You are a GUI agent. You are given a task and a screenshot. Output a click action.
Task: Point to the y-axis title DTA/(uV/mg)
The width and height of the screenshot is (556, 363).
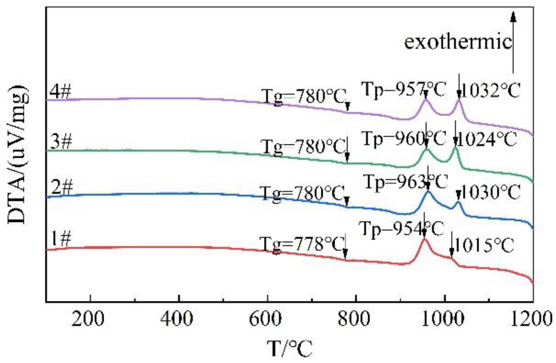click(17, 155)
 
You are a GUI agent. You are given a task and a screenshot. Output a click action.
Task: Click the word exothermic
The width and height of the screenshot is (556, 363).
click(458, 42)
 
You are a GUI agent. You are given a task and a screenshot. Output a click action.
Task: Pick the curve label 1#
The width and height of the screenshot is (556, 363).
click(61, 239)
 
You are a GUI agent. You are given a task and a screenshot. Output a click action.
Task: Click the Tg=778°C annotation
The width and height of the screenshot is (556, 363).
click(302, 245)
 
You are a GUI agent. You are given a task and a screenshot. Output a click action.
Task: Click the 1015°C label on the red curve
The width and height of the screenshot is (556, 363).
click(484, 246)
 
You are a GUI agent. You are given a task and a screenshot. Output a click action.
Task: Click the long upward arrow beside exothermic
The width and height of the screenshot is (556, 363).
click(513, 45)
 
